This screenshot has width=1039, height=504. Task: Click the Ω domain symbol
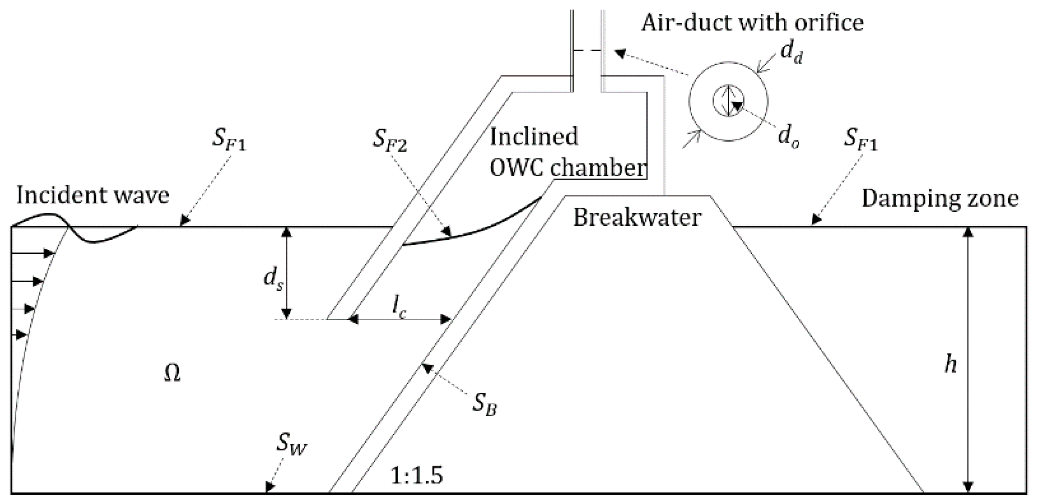click(172, 374)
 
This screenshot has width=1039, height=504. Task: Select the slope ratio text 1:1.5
click(416, 476)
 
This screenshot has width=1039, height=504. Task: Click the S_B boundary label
click(484, 403)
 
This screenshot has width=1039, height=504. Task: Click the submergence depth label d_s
click(273, 280)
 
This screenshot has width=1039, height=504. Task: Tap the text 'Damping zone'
click(940, 198)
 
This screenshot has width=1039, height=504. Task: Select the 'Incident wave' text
click(93, 195)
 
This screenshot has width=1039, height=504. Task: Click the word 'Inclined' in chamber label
click(534, 137)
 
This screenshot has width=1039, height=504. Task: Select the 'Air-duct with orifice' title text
click(752, 22)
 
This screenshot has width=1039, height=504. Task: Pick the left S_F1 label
click(229, 139)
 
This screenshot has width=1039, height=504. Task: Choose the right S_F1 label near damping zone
click(860, 139)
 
